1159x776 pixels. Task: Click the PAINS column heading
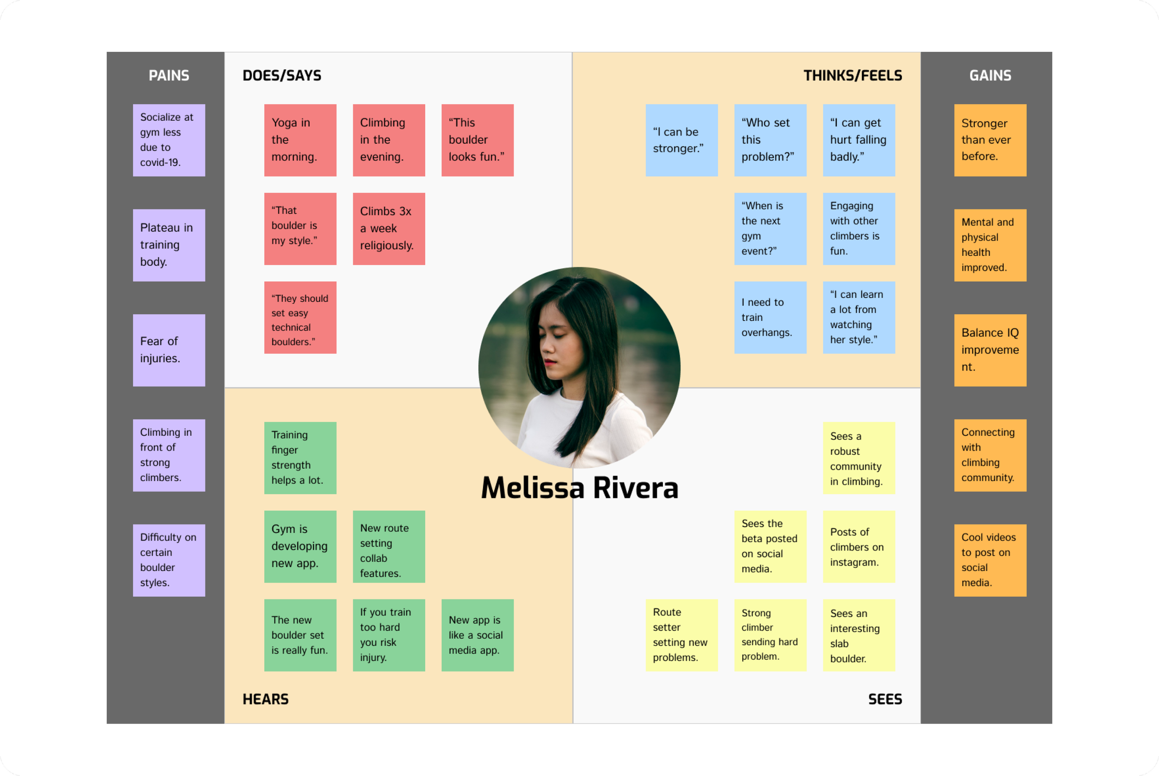(169, 75)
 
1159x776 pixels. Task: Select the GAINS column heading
(990, 75)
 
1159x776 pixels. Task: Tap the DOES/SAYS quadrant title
(281, 75)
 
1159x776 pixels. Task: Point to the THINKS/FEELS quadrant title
(852, 75)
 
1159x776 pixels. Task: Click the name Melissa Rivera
(579, 488)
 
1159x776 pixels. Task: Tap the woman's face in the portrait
(559, 342)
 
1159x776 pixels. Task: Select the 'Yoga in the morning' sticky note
(300, 140)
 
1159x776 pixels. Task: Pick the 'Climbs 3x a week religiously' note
(388, 229)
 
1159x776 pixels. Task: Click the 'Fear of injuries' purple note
(169, 350)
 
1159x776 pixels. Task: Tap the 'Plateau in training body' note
(169, 245)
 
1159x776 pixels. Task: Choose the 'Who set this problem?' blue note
(770, 140)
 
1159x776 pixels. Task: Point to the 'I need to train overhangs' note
(770, 317)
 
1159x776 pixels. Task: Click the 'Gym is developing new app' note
(300, 547)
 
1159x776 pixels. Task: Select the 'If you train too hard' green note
(388, 635)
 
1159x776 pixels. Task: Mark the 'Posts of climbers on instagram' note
(859, 547)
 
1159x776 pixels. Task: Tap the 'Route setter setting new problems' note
(681, 635)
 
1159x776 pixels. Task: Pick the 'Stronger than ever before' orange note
(990, 140)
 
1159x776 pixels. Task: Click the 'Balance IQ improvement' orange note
(990, 350)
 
